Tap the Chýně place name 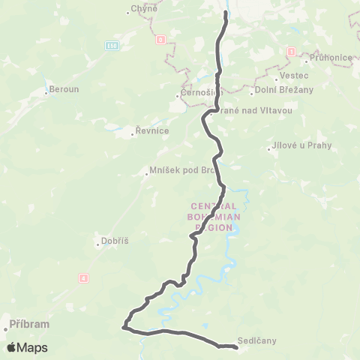pos(142,9)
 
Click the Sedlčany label pos(257,340)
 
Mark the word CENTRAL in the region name pos(214,205)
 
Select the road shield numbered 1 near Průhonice pos(291,52)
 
